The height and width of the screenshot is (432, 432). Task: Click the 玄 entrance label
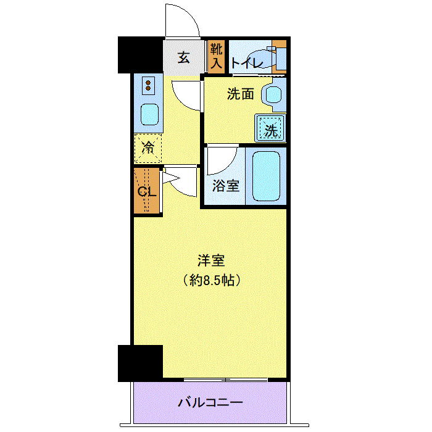click(184, 57)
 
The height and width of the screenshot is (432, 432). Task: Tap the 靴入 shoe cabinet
click(216, 57)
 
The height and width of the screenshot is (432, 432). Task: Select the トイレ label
click(247, 63)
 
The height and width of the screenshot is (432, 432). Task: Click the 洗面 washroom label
click(240, 94)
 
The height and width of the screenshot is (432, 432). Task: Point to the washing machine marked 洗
click(270, 128)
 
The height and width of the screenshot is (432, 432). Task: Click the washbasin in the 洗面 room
click(273, 94)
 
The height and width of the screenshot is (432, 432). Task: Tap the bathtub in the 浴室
click(266, 177)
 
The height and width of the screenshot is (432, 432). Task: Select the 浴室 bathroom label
click(226, 186)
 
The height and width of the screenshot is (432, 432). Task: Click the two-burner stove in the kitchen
click(148, 85)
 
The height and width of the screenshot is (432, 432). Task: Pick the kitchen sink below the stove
click(149, 114)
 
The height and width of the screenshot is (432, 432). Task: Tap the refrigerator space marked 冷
click(148, 148)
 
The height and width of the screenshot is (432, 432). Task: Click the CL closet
click(147, 191)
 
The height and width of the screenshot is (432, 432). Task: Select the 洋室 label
click(211, 260)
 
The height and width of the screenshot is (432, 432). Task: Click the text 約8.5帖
click(212, 280)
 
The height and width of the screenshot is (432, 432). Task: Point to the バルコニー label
click(210, 402)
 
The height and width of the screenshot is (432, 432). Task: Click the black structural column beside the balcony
click(140, 363)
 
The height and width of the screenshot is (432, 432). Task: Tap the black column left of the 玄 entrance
click(140, 55)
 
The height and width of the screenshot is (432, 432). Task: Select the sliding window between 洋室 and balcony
click(226, 380)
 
